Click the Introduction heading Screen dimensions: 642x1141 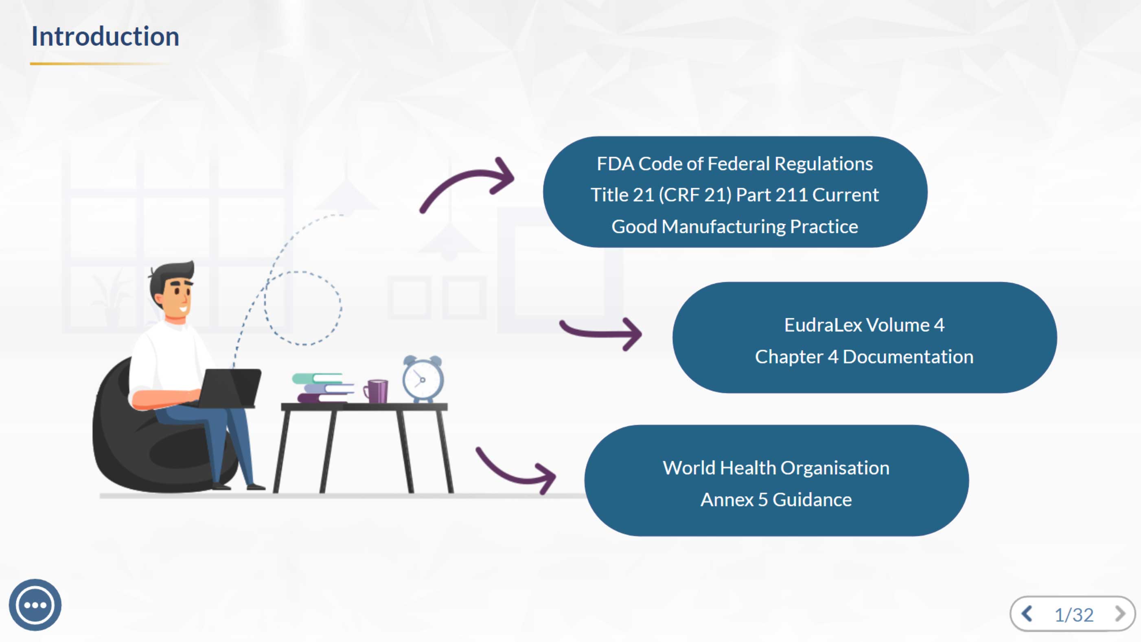coord(105,36)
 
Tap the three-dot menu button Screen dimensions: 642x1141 coord(35,605)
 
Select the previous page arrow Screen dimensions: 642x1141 coord(1027,614)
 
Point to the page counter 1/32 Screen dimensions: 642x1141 coord(1074,615)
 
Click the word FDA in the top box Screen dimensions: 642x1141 coord(615,164)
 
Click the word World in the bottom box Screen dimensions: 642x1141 coord(688,468)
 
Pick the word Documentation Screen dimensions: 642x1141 coord(908,357)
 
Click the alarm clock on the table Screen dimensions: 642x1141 coord(423,379)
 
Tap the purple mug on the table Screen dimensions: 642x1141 coord(377,391)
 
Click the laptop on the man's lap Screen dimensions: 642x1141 coord(230,388)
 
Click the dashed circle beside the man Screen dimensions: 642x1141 coord(303,308)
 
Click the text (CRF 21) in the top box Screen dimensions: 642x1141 coord(695,195)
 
